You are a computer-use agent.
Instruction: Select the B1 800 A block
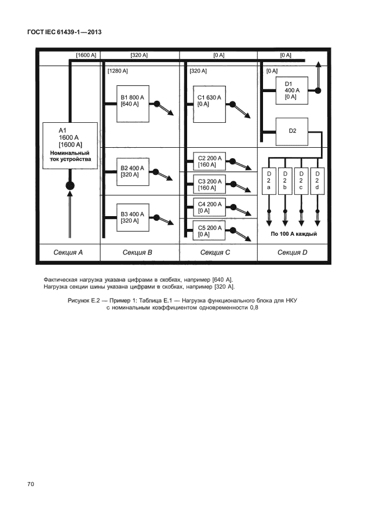133,104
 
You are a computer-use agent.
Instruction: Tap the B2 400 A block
133,172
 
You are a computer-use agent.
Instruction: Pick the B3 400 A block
133,217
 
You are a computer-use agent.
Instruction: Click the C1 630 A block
209,104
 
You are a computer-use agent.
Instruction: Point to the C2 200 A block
210,162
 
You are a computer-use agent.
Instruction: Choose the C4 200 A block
210,207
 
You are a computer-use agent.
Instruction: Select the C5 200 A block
210,231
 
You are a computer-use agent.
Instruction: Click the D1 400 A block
292,90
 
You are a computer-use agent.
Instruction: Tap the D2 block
292,131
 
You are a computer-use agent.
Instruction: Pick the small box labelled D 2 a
269,180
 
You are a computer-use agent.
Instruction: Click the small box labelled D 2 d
317,180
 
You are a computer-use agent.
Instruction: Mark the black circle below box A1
70,186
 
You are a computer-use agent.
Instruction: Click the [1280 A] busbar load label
118,71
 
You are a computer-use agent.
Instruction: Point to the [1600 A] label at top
86,55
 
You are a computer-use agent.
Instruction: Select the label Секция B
138,252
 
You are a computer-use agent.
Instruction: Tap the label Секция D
293,252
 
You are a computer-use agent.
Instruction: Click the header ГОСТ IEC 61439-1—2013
64,32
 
